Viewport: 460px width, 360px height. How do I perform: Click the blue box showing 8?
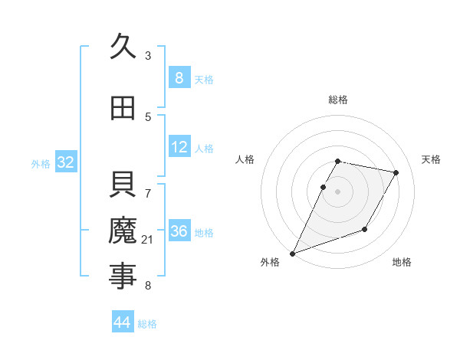click(179, 77)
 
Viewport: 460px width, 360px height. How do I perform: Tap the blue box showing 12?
click(179, 147)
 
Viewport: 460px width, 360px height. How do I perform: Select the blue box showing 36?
click(179, 231)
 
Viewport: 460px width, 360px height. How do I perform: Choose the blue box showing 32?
click(65, 162)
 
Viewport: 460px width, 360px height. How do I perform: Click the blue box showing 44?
click(123, 322)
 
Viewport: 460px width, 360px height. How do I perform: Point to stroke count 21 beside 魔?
click(148, 240)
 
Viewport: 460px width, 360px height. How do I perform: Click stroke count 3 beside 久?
click(148, 55)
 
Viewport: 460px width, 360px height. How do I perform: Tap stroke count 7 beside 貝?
click(148, 185)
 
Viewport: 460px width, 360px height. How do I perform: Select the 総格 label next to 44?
click(147, 324)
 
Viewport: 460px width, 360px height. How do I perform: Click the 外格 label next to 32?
click(41, 163)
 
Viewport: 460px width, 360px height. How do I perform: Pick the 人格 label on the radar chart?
click(245, 159)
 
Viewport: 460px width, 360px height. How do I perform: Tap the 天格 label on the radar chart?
click(432, 159)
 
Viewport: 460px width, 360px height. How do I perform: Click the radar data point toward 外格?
click(292, 253)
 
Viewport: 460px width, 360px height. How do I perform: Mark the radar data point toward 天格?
click(396, 173)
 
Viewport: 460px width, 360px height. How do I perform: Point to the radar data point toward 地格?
click(365, 229)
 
